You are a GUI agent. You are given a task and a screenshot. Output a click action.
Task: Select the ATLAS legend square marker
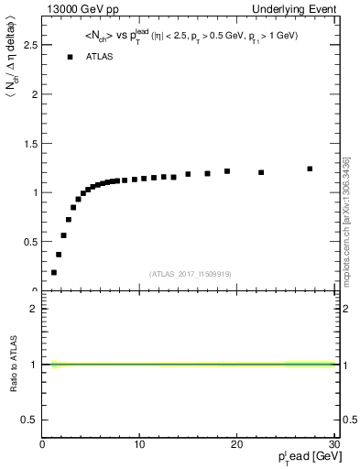coord(70,57)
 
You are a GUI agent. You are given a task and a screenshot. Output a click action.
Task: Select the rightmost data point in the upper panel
coord(310,169)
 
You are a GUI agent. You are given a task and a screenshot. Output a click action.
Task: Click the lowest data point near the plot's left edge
coord(54,272)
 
